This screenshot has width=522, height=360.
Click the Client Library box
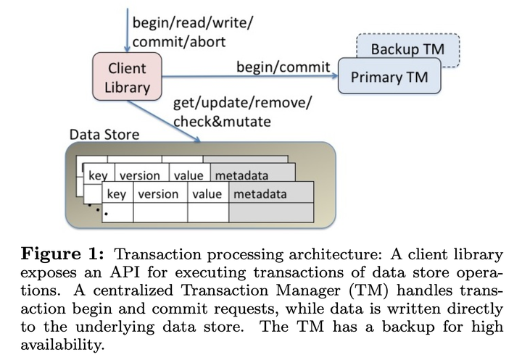[127, 78]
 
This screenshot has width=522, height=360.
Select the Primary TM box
[389, 77]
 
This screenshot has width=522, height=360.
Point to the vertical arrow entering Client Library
[128, 29]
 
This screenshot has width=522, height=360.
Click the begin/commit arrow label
[283, 67]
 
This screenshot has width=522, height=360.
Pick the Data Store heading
[104, 135]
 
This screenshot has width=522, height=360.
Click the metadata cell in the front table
[259, 193]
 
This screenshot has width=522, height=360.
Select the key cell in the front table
[116, 193]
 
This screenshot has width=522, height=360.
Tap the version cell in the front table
[158, 193]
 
